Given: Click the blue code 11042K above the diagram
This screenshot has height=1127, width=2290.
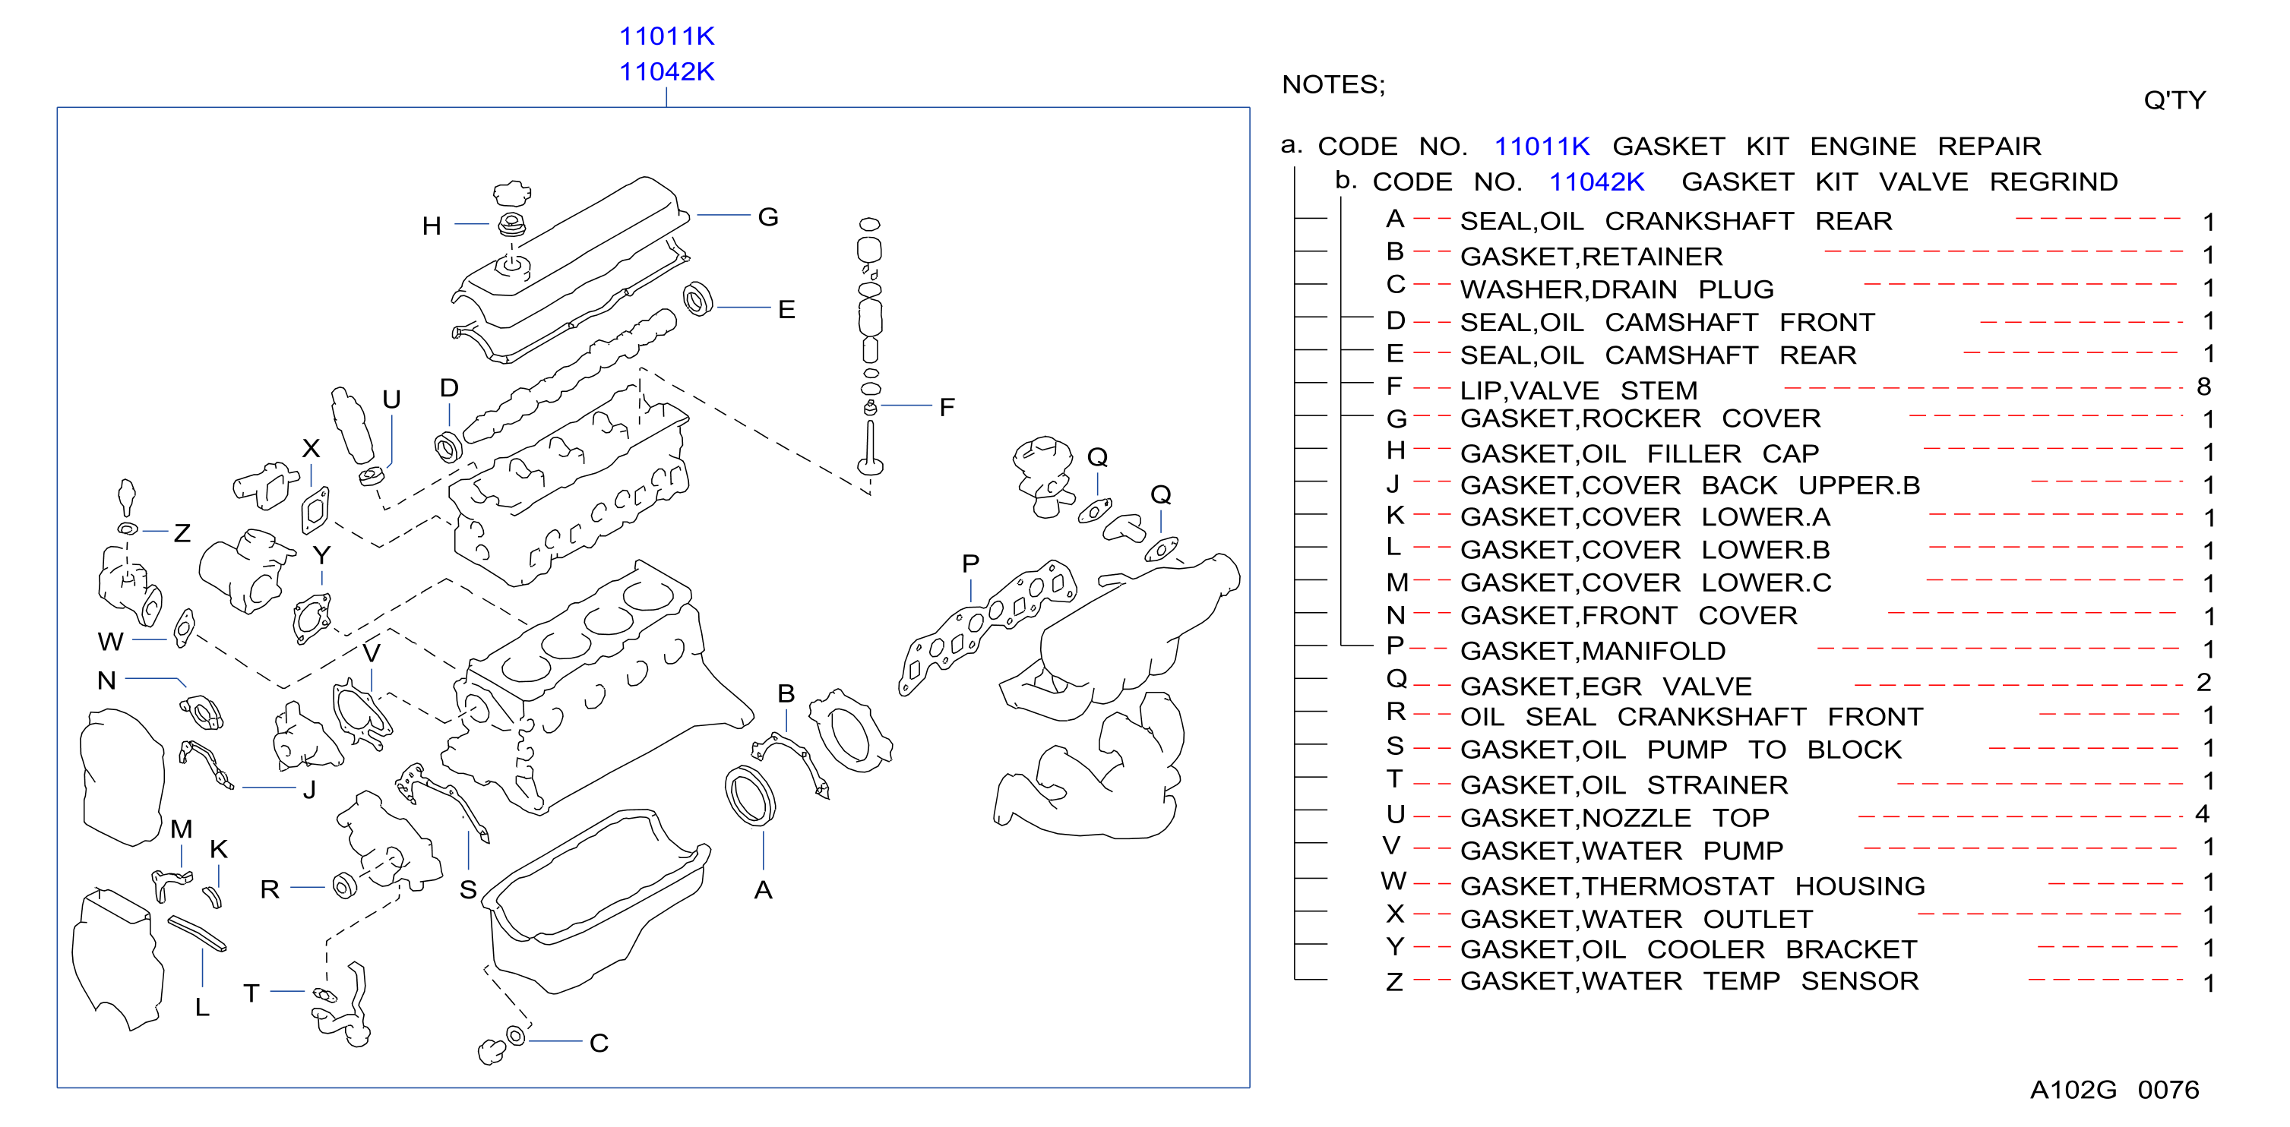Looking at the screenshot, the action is [x=667, y=71].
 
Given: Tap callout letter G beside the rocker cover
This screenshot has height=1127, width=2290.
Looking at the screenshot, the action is [x=768, y=217].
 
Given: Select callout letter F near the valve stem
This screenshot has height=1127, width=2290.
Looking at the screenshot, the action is [x=947, y=407].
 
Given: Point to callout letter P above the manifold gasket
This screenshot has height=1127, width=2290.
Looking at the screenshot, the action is [x=970, y=563].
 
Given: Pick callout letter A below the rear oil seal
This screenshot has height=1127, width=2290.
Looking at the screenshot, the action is [x=763, y=890].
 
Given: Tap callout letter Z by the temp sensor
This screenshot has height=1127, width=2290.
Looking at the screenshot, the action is [x=182, y=532].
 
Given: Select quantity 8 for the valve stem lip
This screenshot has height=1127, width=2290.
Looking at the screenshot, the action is [x=2203, y=387].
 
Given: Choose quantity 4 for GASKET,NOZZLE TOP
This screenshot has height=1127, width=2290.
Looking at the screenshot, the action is [x=2202, y=813].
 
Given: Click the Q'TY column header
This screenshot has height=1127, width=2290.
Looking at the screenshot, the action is [x=2175, y=99].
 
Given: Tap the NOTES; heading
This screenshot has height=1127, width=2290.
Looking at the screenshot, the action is [x=1333, y=84].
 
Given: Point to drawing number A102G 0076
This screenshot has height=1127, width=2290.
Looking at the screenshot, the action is [x=2114, y=1090].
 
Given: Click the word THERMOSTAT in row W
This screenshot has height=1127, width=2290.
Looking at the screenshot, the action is [x=1678, y=886].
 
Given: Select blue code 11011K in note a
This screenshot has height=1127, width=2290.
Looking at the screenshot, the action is [x=1542, y=146].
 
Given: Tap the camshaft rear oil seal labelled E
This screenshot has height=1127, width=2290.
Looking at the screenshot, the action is [x=697, y=299].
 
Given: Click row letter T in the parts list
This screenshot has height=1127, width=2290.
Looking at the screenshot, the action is [x=1394, y=778].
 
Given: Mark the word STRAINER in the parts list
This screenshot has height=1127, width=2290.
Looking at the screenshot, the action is [x=1716, y=784].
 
